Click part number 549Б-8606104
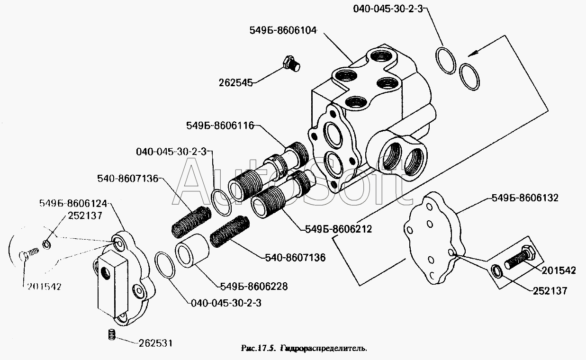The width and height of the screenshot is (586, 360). tap(282, 30)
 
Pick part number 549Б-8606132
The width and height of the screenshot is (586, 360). tap(525, 198)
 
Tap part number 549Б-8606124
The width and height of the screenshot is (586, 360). tap(73, 204)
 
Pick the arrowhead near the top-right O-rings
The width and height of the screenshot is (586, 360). tap(470, 54)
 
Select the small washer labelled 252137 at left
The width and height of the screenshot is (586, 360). tap(46, 244)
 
